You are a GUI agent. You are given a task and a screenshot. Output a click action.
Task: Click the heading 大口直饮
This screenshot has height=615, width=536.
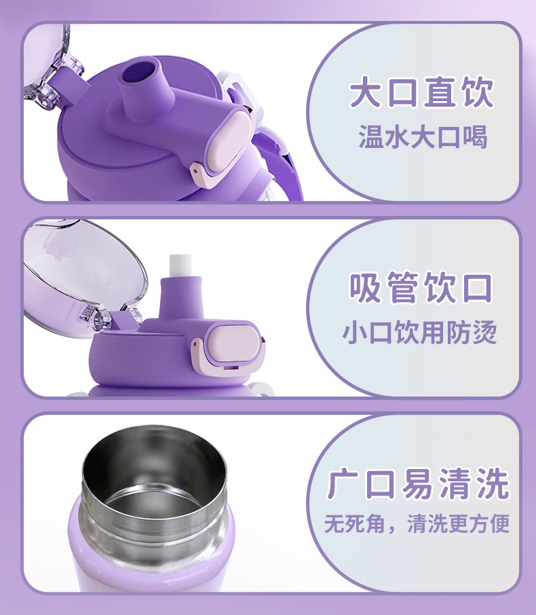421,92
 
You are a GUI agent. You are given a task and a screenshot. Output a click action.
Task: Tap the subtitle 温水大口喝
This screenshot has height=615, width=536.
423,137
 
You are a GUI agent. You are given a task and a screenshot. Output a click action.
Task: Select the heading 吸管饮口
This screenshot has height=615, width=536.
421,288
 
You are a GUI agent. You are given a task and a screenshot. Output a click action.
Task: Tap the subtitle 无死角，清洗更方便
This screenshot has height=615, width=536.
417,524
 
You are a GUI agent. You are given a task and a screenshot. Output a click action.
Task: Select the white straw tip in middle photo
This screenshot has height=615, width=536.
180,265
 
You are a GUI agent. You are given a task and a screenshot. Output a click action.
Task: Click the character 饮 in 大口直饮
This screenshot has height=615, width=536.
477,92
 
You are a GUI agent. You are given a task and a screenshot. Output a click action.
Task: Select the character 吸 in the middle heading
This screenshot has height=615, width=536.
365,288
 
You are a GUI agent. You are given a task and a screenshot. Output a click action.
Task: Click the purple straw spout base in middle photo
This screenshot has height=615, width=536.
180,299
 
